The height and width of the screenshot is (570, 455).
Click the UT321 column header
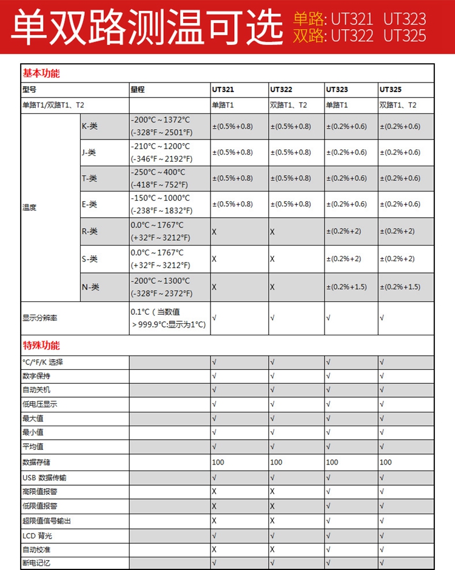(x=222, y=89)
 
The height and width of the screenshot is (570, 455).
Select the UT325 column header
(x=391, y=89)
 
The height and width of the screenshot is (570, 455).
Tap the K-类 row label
(x=89, y=126)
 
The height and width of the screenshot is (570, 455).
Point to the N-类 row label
(x=90, y=287)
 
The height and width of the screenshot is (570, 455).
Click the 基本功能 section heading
(x=41, y=73)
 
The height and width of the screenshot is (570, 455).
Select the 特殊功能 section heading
(x=41, y=346)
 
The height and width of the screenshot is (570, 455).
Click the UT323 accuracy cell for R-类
(x=343, y=231)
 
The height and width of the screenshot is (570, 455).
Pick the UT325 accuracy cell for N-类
(x=399, y=287)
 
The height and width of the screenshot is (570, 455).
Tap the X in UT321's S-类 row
(x=214, y=259)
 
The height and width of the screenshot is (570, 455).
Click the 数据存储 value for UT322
(x=276, y=462)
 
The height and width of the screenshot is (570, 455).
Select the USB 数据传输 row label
(x=44, y=478)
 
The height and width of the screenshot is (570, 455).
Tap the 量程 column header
(x=138, y=89)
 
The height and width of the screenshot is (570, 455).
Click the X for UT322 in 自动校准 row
(x=272, y=549)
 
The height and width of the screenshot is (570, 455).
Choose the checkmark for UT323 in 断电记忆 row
(x=328, y=563)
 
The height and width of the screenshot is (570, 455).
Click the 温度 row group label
(x=29, y=207)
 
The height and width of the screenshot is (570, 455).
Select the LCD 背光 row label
(x=38, y=535)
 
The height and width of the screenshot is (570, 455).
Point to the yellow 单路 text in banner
(x=309, y=19)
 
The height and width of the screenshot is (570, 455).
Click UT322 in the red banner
(x=352, y=36)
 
